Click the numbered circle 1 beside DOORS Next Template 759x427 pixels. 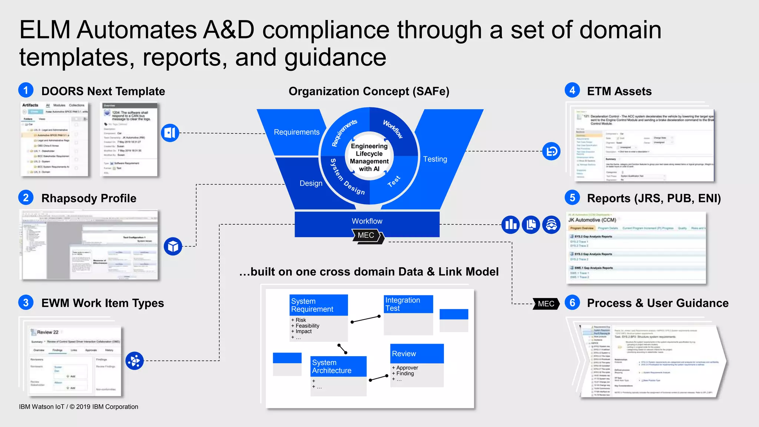(26, 90)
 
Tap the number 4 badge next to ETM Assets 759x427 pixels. (572, 90)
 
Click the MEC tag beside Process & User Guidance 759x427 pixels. (546, 304)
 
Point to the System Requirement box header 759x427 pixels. (318, 305)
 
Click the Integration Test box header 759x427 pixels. (408, 304)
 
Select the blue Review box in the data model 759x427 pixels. (417, 354)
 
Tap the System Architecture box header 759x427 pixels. (338, 367)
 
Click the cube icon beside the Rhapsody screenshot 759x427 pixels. (173, 246)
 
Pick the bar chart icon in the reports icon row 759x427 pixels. (511, 225)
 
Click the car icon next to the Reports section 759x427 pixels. (551, 225)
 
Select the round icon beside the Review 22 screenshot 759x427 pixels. (135, 361)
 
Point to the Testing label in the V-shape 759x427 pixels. (435, 159)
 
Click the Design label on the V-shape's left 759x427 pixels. (311, 183)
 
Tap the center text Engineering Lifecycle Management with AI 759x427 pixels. (369, 158)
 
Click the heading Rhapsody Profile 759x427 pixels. (89, 198)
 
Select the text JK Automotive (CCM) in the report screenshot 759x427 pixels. (592, 220)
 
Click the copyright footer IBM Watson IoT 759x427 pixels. (79, 407)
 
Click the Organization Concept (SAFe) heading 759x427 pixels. (369, 91)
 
